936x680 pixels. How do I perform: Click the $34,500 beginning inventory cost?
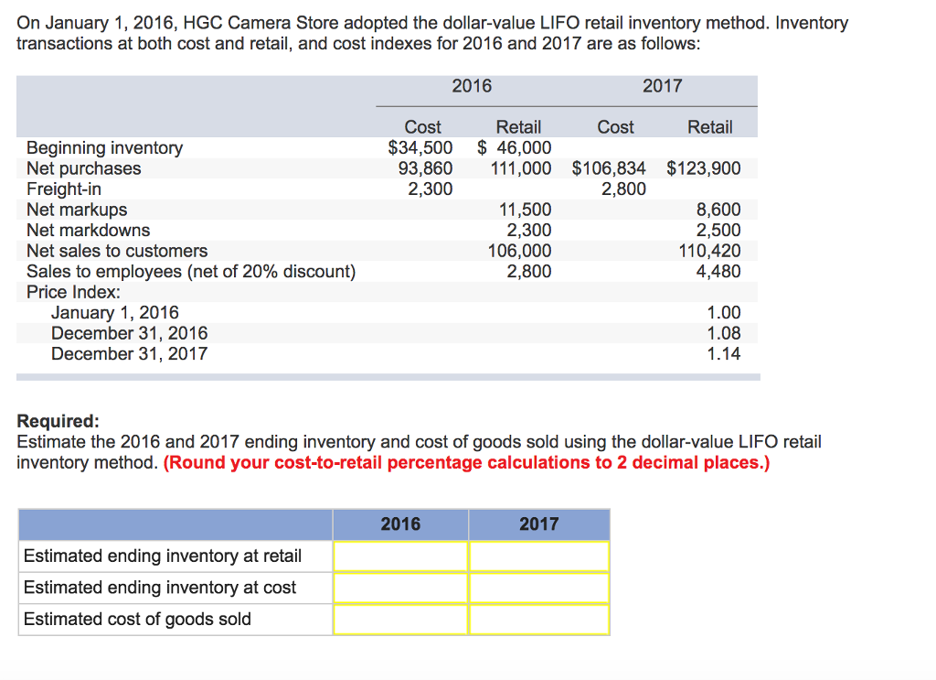coord(420,147)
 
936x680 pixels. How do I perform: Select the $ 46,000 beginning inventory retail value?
coord(515,147)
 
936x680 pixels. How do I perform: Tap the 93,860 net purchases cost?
coord(425,168)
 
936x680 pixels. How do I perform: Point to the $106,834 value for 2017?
coord(609,168)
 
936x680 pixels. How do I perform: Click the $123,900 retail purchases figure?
coord(704,168)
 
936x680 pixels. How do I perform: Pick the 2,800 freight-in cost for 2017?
coord(623,189)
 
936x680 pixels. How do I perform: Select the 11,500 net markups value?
coord(529,210)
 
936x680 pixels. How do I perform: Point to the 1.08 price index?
coord(724,333)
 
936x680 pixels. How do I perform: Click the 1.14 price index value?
coord(724,353)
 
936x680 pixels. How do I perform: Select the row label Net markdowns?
coord(88,230)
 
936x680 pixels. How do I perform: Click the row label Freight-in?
coord(64,189)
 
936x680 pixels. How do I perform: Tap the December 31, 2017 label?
coord(129,353)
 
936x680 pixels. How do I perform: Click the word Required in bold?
coord(58,421)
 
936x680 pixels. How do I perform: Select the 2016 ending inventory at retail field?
coord(400,556)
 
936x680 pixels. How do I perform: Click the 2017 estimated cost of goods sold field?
coord(539,619)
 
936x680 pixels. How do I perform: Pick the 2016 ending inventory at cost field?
coord(400,587)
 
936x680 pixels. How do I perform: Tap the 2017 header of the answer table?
coord(539,523)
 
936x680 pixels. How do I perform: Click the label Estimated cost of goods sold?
coord(137,619)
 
